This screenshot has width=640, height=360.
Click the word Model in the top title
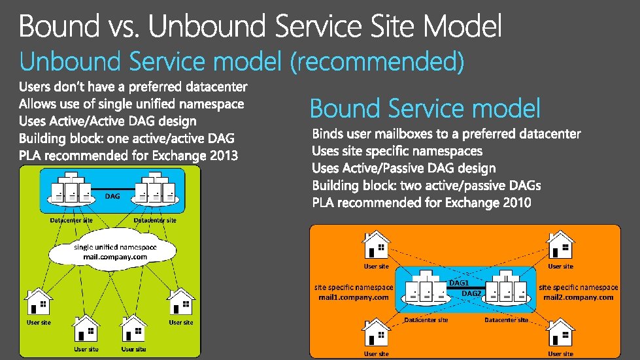(463, 27)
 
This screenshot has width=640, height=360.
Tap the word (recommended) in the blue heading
(377, 62)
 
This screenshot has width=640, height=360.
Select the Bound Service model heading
(425, 108)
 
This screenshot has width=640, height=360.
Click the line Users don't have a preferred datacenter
(133, 86)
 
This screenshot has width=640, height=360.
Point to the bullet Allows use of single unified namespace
(131, 104)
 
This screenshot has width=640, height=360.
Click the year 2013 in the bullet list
(222, 155)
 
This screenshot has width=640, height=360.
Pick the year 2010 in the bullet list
(516, 203)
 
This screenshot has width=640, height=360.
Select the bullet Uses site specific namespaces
(397, 151)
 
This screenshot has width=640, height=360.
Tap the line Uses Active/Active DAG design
(107, 121)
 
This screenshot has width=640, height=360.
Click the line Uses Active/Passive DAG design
(404, 169)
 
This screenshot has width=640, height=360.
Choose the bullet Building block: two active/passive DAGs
(426, 186)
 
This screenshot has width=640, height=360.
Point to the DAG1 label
(459, 282)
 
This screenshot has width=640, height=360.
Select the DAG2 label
(471, 293)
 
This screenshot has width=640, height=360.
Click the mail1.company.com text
(354, 297)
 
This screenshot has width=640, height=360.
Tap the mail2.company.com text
(579, 297)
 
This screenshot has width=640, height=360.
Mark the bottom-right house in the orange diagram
(560, 335)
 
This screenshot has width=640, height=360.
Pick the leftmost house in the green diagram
(39, 303)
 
